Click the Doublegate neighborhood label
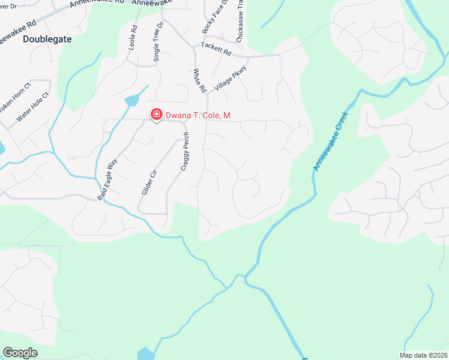tap(47, 38)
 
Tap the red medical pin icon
tap(156, 114)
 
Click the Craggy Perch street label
tap(186, 151)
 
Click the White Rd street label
tap(199, 80)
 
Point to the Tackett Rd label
tap(216, 49)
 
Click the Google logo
tap(20, 353)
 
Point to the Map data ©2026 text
tap(424, 355)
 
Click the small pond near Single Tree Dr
tap(131, 101)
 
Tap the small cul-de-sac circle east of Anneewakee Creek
tap(417, 194)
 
